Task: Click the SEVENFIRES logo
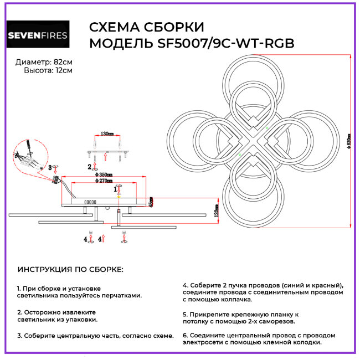tap(38, 36)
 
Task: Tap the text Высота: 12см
tap(48, 70)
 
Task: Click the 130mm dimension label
tap(107, 134)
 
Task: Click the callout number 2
tap(89, 166)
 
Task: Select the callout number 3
tap(49, 167)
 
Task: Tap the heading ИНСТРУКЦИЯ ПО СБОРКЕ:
tap(71, 269)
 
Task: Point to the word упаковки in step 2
tap(83, 320)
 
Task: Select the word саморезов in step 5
tap(277, 321)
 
